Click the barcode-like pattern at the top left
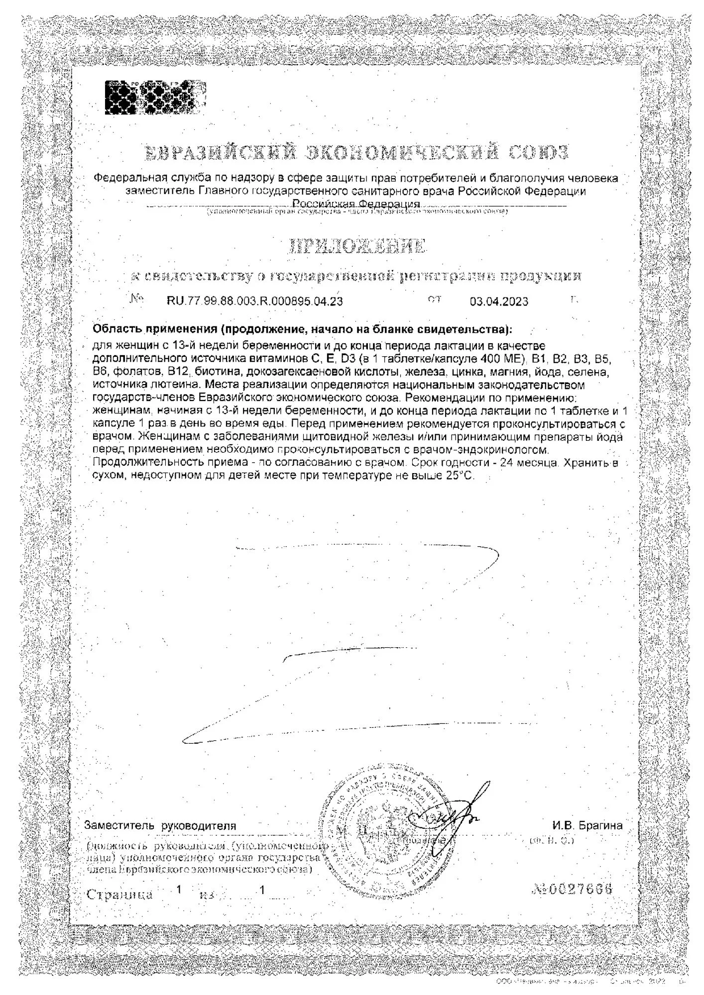point(155,97)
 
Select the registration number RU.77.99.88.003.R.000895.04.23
point(254,301)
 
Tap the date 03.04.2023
point(499,301)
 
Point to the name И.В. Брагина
point(587,825)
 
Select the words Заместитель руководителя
point(160,826)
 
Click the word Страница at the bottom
point(120,894)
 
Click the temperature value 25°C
point(460,475)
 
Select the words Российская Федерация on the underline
point(356,204)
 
